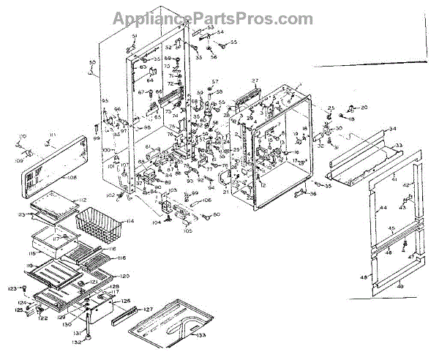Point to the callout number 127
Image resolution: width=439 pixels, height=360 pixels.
click(148, 309)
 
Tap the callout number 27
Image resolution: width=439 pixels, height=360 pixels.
click(256, 80)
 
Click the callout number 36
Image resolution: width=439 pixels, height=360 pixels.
click(312, 193)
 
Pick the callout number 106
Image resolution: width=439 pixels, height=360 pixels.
click(207, 200)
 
